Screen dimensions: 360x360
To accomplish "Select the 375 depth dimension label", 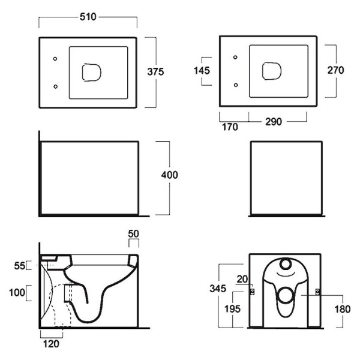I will [156, 71].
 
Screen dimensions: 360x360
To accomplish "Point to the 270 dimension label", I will [335, 70].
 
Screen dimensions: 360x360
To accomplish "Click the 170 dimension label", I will [230, 127].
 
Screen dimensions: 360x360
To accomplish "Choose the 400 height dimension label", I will [169, 175].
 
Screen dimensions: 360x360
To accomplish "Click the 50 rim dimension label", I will [134, 233].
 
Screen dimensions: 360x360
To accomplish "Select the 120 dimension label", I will [51, 344].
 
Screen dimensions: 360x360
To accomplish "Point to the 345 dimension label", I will [218, 289].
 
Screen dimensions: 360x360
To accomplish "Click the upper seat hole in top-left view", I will [55, 59].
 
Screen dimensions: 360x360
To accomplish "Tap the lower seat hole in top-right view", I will [235, 85].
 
